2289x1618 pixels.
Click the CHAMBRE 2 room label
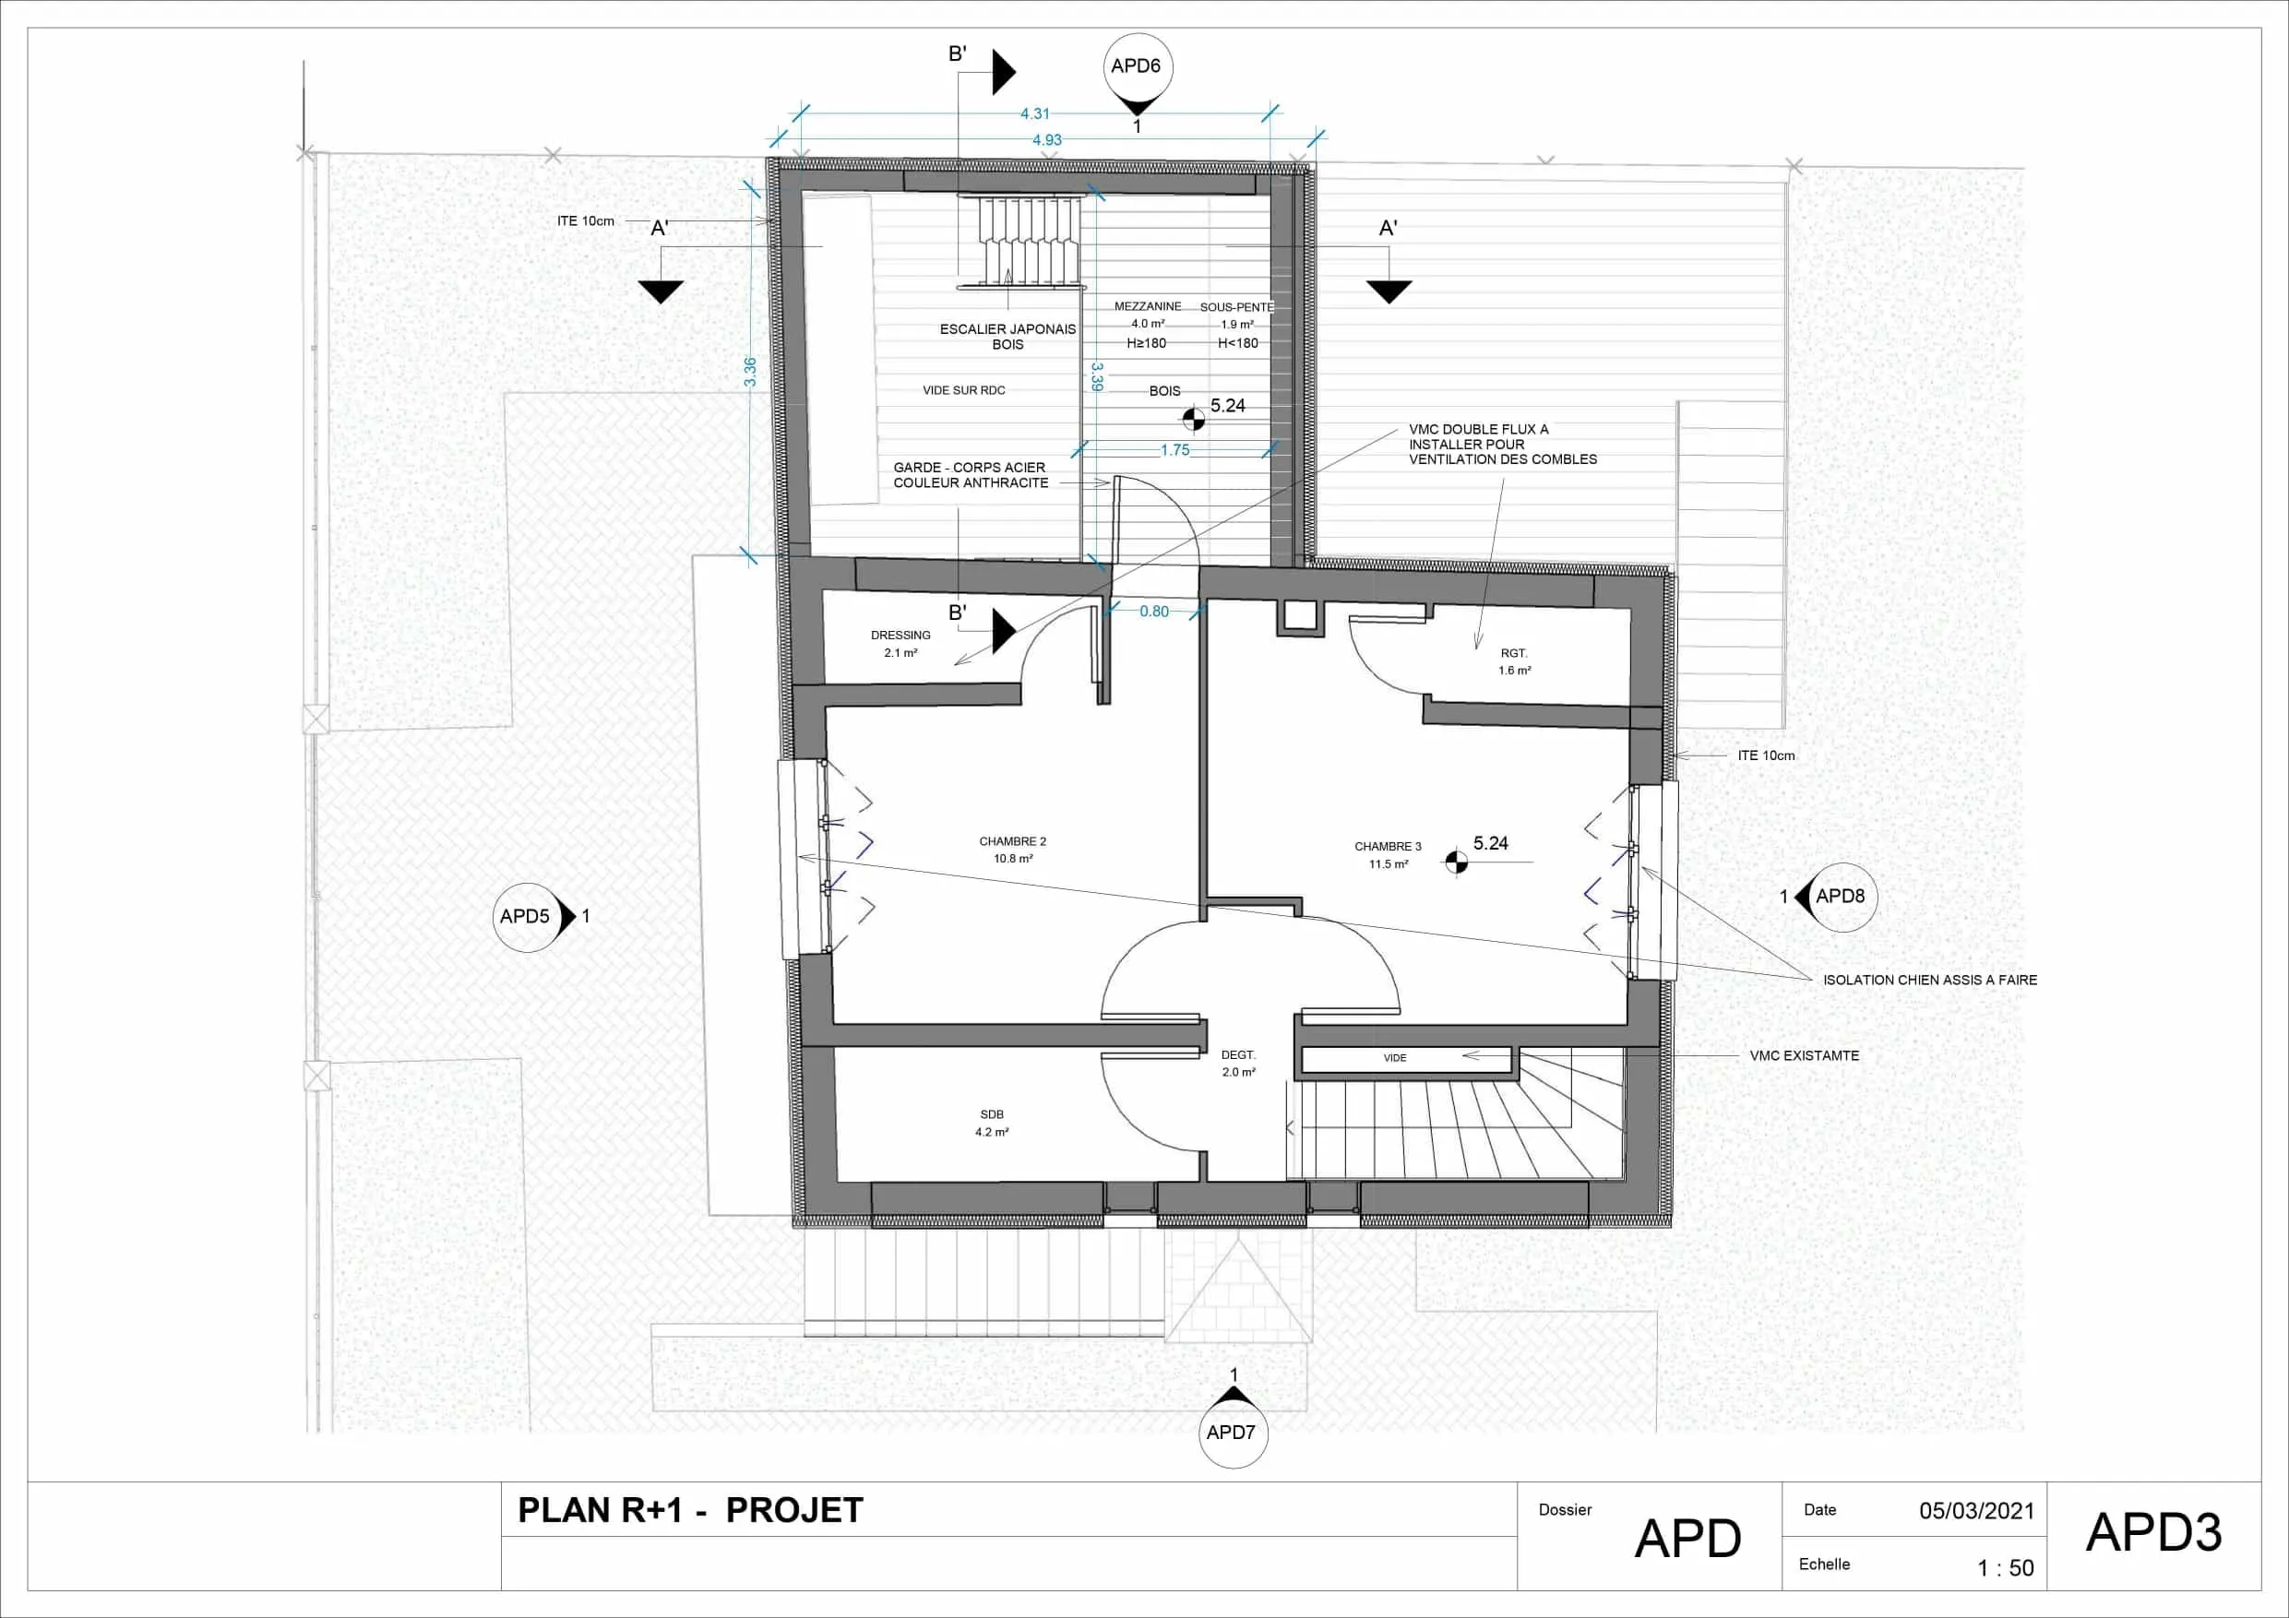[x=1013, y=841]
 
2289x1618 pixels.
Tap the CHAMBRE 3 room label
[x=1388, y=847]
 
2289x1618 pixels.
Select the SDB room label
[x=992, y=1114]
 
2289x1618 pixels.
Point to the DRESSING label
[x=900, y=635]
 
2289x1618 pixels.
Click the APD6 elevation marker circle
[x=1137, y=66]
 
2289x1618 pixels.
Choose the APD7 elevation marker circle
[x=1233, y=1433]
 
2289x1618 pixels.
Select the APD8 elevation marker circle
[x=1842, y=897]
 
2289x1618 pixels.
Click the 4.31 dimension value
[x=1035, y=114]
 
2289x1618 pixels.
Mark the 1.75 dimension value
[x=1175, y=450]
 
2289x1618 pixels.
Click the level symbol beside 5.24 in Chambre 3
[x=1457, y=863]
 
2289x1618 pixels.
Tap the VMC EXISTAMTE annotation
[x=1805, y=1055]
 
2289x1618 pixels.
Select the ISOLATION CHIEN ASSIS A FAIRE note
[x=1930, y=980]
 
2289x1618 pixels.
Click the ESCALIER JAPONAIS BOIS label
[x=1007, y=337]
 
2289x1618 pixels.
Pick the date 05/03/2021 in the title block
[x=1977, y=1510]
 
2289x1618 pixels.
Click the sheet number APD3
[x=2154, y=1532]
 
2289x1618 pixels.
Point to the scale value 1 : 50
[x=2006, y=1568]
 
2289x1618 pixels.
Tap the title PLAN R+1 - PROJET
[x=690, y=1510]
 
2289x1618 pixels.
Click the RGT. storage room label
[x=1514, y=653]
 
